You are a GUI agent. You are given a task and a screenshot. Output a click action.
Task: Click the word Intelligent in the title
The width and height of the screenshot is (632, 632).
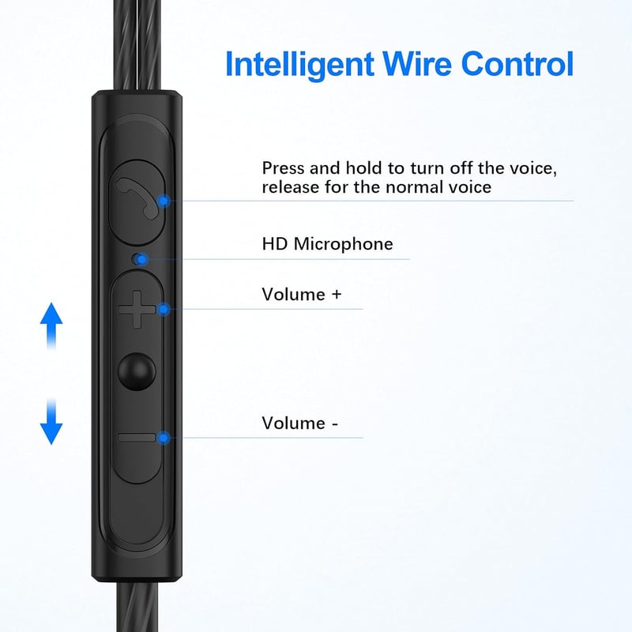[x=300, y=65]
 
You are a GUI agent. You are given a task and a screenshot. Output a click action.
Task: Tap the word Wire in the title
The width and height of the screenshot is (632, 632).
[x=417, y=63]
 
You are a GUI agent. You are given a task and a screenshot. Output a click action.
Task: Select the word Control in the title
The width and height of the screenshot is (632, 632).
[x=517, y=63]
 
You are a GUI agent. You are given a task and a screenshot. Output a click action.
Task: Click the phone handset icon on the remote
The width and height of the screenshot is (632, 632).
[x=137, y=198]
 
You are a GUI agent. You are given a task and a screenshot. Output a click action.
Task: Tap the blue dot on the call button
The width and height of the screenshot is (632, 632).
[x=164, y=201]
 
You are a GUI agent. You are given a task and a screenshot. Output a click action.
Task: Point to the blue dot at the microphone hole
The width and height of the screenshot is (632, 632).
[x=141, y=259]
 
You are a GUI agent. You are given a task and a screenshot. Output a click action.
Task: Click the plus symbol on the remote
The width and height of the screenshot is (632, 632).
[x=137, y=309]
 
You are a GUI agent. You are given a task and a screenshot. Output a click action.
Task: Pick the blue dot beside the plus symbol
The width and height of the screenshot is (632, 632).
[x=164, y=309]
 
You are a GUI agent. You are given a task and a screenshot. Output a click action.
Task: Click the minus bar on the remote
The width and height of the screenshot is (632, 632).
[x=137, y=438]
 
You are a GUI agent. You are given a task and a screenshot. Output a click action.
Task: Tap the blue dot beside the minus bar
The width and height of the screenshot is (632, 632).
[x=164, y=438]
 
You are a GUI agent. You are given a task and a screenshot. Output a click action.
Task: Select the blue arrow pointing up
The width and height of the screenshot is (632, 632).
[x=51, y=326]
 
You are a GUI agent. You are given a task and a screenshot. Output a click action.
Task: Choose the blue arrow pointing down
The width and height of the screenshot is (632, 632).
[x=51, y=421]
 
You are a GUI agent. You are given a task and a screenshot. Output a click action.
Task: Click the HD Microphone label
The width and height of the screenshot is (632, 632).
[x=327, y=244]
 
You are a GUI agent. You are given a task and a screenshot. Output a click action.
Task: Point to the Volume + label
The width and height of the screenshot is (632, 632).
[x=302, y=294]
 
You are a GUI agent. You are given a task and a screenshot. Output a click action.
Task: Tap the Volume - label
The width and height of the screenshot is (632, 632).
[x=300, y=423]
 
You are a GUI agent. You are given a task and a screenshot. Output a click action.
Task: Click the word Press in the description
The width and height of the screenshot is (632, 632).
[x=283, y=168]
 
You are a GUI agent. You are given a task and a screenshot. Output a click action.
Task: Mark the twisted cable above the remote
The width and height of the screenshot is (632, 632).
[x=136, y=45]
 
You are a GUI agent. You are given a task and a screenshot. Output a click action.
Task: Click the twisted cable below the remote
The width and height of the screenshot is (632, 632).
[x=137, y=607]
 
